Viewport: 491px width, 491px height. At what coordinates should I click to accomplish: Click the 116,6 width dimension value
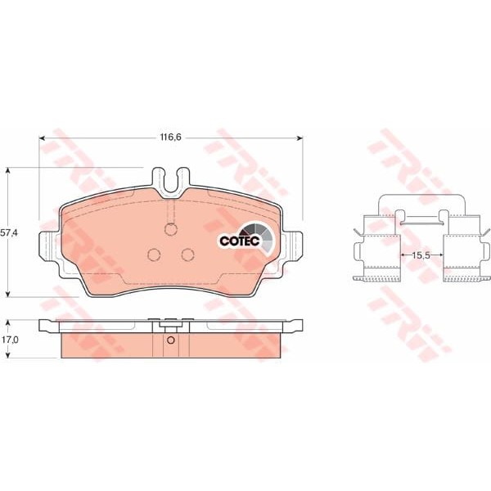171,137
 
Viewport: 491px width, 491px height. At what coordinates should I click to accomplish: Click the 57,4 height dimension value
9,232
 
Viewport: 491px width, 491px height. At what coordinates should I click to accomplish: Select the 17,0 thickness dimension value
9,339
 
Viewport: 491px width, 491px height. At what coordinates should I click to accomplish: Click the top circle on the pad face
171,229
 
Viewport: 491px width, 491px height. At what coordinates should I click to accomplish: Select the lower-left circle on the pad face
154,255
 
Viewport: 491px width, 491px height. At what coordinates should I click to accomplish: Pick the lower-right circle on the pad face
188,255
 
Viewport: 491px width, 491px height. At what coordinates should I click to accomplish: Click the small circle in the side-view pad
171,340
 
